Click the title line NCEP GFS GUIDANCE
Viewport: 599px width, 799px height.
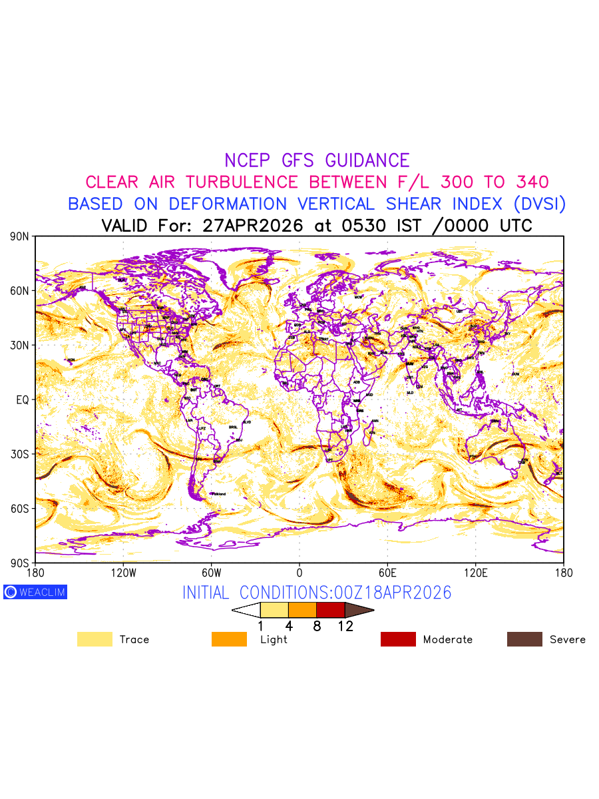317,160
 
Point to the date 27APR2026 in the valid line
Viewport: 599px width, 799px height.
256,226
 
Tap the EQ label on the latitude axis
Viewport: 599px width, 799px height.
22,400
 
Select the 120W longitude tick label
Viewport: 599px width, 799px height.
123,573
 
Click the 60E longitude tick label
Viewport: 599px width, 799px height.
387,573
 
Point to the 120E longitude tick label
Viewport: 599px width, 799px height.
475,573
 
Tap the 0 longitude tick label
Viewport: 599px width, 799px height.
299,573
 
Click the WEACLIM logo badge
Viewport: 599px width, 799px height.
35,592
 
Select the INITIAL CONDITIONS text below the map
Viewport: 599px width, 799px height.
317,593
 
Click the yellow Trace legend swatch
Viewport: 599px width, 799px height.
95,639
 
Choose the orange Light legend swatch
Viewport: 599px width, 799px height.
229,639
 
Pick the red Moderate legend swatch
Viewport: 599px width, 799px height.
398,639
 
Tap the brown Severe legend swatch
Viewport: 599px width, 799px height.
524,639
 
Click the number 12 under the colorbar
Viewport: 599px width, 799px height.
345,626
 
